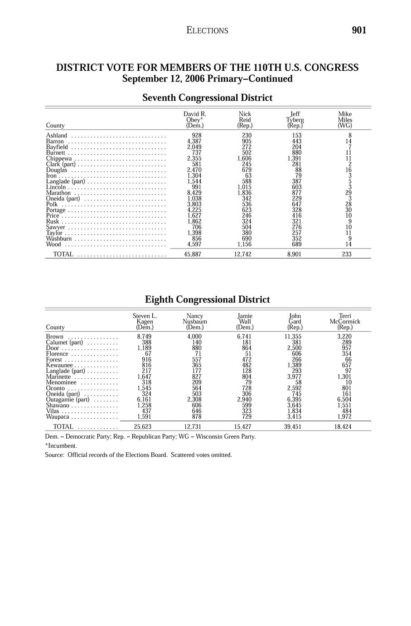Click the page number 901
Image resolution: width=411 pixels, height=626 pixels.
point(358,30)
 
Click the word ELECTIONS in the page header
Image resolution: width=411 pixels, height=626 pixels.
point(207,31)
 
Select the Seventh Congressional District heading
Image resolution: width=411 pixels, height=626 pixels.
point(207,98)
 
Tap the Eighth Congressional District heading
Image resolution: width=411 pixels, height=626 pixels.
point(207,300)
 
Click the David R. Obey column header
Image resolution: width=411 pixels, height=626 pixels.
point(194,120)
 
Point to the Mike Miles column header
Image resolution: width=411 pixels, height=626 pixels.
point(345,120)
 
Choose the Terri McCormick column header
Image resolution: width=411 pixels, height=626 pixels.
point(345,322)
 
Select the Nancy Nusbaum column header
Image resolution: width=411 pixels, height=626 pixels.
point(195,322)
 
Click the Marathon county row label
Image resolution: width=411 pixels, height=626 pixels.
point(58,193)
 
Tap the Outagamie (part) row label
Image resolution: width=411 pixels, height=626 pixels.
point(68,400)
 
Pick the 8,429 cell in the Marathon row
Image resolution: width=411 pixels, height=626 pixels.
point(194,193)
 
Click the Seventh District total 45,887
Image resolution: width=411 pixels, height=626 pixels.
point(193,254)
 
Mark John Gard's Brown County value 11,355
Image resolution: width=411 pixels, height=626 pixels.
point(293,337)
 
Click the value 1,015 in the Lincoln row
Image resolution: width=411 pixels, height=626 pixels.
point(244,187)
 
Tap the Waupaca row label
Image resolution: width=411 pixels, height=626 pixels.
point(58,416)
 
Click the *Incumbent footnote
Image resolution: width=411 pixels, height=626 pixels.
point(61,445)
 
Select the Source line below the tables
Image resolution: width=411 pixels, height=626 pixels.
point(138,455)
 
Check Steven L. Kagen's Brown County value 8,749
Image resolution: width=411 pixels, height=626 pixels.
point(144,337)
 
